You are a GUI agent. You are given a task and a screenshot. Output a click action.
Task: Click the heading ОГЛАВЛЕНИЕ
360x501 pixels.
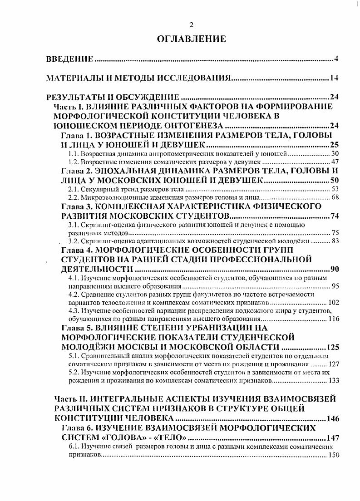(x=191, y=39)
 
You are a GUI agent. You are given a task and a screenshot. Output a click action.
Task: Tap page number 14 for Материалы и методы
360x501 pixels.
(x=334, y=79)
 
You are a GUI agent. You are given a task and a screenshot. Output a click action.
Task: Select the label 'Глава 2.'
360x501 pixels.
(x=76, y=171)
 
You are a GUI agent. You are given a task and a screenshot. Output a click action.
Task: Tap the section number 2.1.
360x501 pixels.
(x=74, y=189)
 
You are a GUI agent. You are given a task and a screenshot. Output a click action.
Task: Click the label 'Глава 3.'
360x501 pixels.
(x=76, y=206)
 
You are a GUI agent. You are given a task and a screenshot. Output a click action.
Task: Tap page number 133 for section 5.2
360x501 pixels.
(x=333, y=380)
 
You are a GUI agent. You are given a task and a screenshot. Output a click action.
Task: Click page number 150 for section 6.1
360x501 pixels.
(x=333, y=455)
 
